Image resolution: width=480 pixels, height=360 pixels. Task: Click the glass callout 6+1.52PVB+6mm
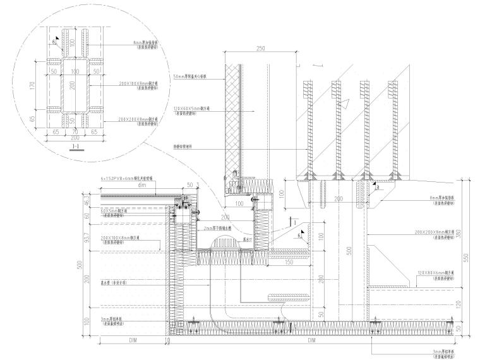[135, 179]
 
